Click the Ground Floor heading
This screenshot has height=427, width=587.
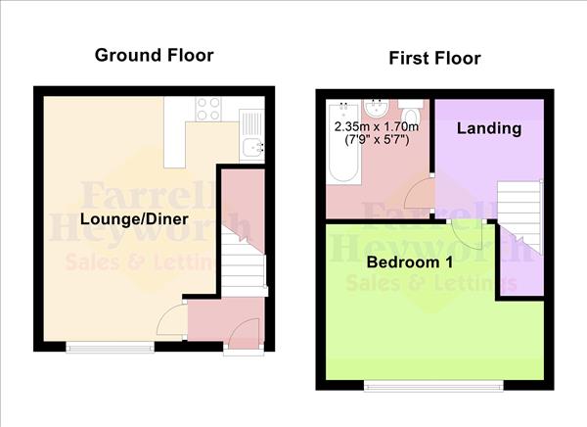tap(154, 55)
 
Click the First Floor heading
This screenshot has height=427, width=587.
tap(434, 59)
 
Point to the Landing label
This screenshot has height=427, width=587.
tap(488, 128)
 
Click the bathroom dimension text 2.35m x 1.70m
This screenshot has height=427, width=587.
tap(379, 127)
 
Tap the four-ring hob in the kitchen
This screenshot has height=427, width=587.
tap(208, 109)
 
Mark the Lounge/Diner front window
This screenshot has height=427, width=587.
tap(109, 346)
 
